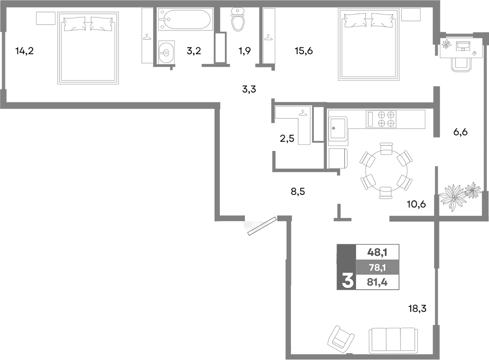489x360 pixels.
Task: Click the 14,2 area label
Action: pyautogui.click(x=24, y=51)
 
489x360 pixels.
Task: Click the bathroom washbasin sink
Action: pyautogui.click(x=167, y=53)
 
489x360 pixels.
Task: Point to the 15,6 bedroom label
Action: pyautogui.click(x=304, y=51)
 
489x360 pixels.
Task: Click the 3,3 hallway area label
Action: pyautogui.click(x=249, y=89)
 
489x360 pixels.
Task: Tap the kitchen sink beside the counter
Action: pyautogui.click(x=338, y=128)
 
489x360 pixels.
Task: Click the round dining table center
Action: pyautogui.click(x=386, y=171)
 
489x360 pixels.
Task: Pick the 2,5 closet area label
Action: pyautogui.click(x=287, y=138)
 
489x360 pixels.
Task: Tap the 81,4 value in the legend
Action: pyautogui.click(x=376, y=282)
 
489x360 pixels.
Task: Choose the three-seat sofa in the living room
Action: pyautogui.click(x=393, y=341)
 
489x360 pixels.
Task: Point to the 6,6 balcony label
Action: pyautogui.click(x=460, y=132)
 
